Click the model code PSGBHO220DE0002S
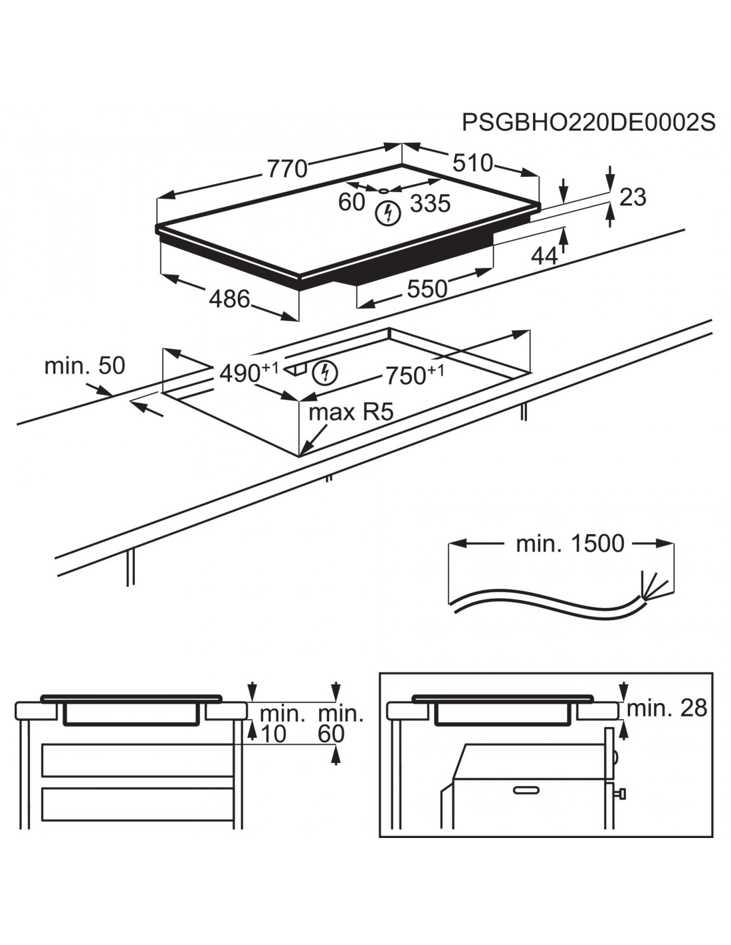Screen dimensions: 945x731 (x=588, y=123)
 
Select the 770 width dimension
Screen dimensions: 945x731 (x=287, y=169)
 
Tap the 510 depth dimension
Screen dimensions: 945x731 (x=472, y=163)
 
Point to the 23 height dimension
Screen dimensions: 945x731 (x=632, y=197)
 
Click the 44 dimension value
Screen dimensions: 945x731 (x=544, y=256)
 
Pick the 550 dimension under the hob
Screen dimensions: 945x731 (x=427, y=288)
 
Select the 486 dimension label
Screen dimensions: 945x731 (x=229, y=300)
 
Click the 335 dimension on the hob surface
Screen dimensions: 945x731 (x=430, y=203)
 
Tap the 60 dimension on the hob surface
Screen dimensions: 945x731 (x=352, y=202)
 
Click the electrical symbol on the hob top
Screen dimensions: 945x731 (x=387, y=213)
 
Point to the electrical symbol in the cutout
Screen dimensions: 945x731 (x=325, y=373)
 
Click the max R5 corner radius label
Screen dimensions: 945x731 (x=351, y=413)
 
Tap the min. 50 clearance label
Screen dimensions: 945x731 (x=84, y=366)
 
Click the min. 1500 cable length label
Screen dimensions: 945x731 (x=570, y=544)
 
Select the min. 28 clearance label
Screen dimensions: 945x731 (x=667, y=708)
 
